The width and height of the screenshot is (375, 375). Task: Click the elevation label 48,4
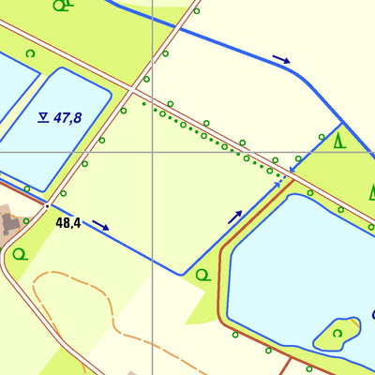[68, 223]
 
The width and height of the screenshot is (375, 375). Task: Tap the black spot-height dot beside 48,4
[46, 204]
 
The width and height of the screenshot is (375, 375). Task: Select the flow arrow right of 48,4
[101, 225]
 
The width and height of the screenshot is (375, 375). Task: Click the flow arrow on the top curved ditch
[281, 60]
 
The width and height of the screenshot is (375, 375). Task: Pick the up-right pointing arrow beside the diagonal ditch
[234, 217]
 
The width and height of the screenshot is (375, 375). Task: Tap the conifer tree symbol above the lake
[339, 142]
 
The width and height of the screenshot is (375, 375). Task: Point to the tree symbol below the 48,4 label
[20, 253]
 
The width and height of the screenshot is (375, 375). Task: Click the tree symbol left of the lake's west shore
[202, 274]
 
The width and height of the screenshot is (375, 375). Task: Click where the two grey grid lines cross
[152, 152]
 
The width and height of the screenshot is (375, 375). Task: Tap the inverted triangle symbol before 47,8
[43, 117]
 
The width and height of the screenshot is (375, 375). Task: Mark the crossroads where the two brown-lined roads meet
[137, 91]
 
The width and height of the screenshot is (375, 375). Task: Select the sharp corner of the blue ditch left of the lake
[182, 274]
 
